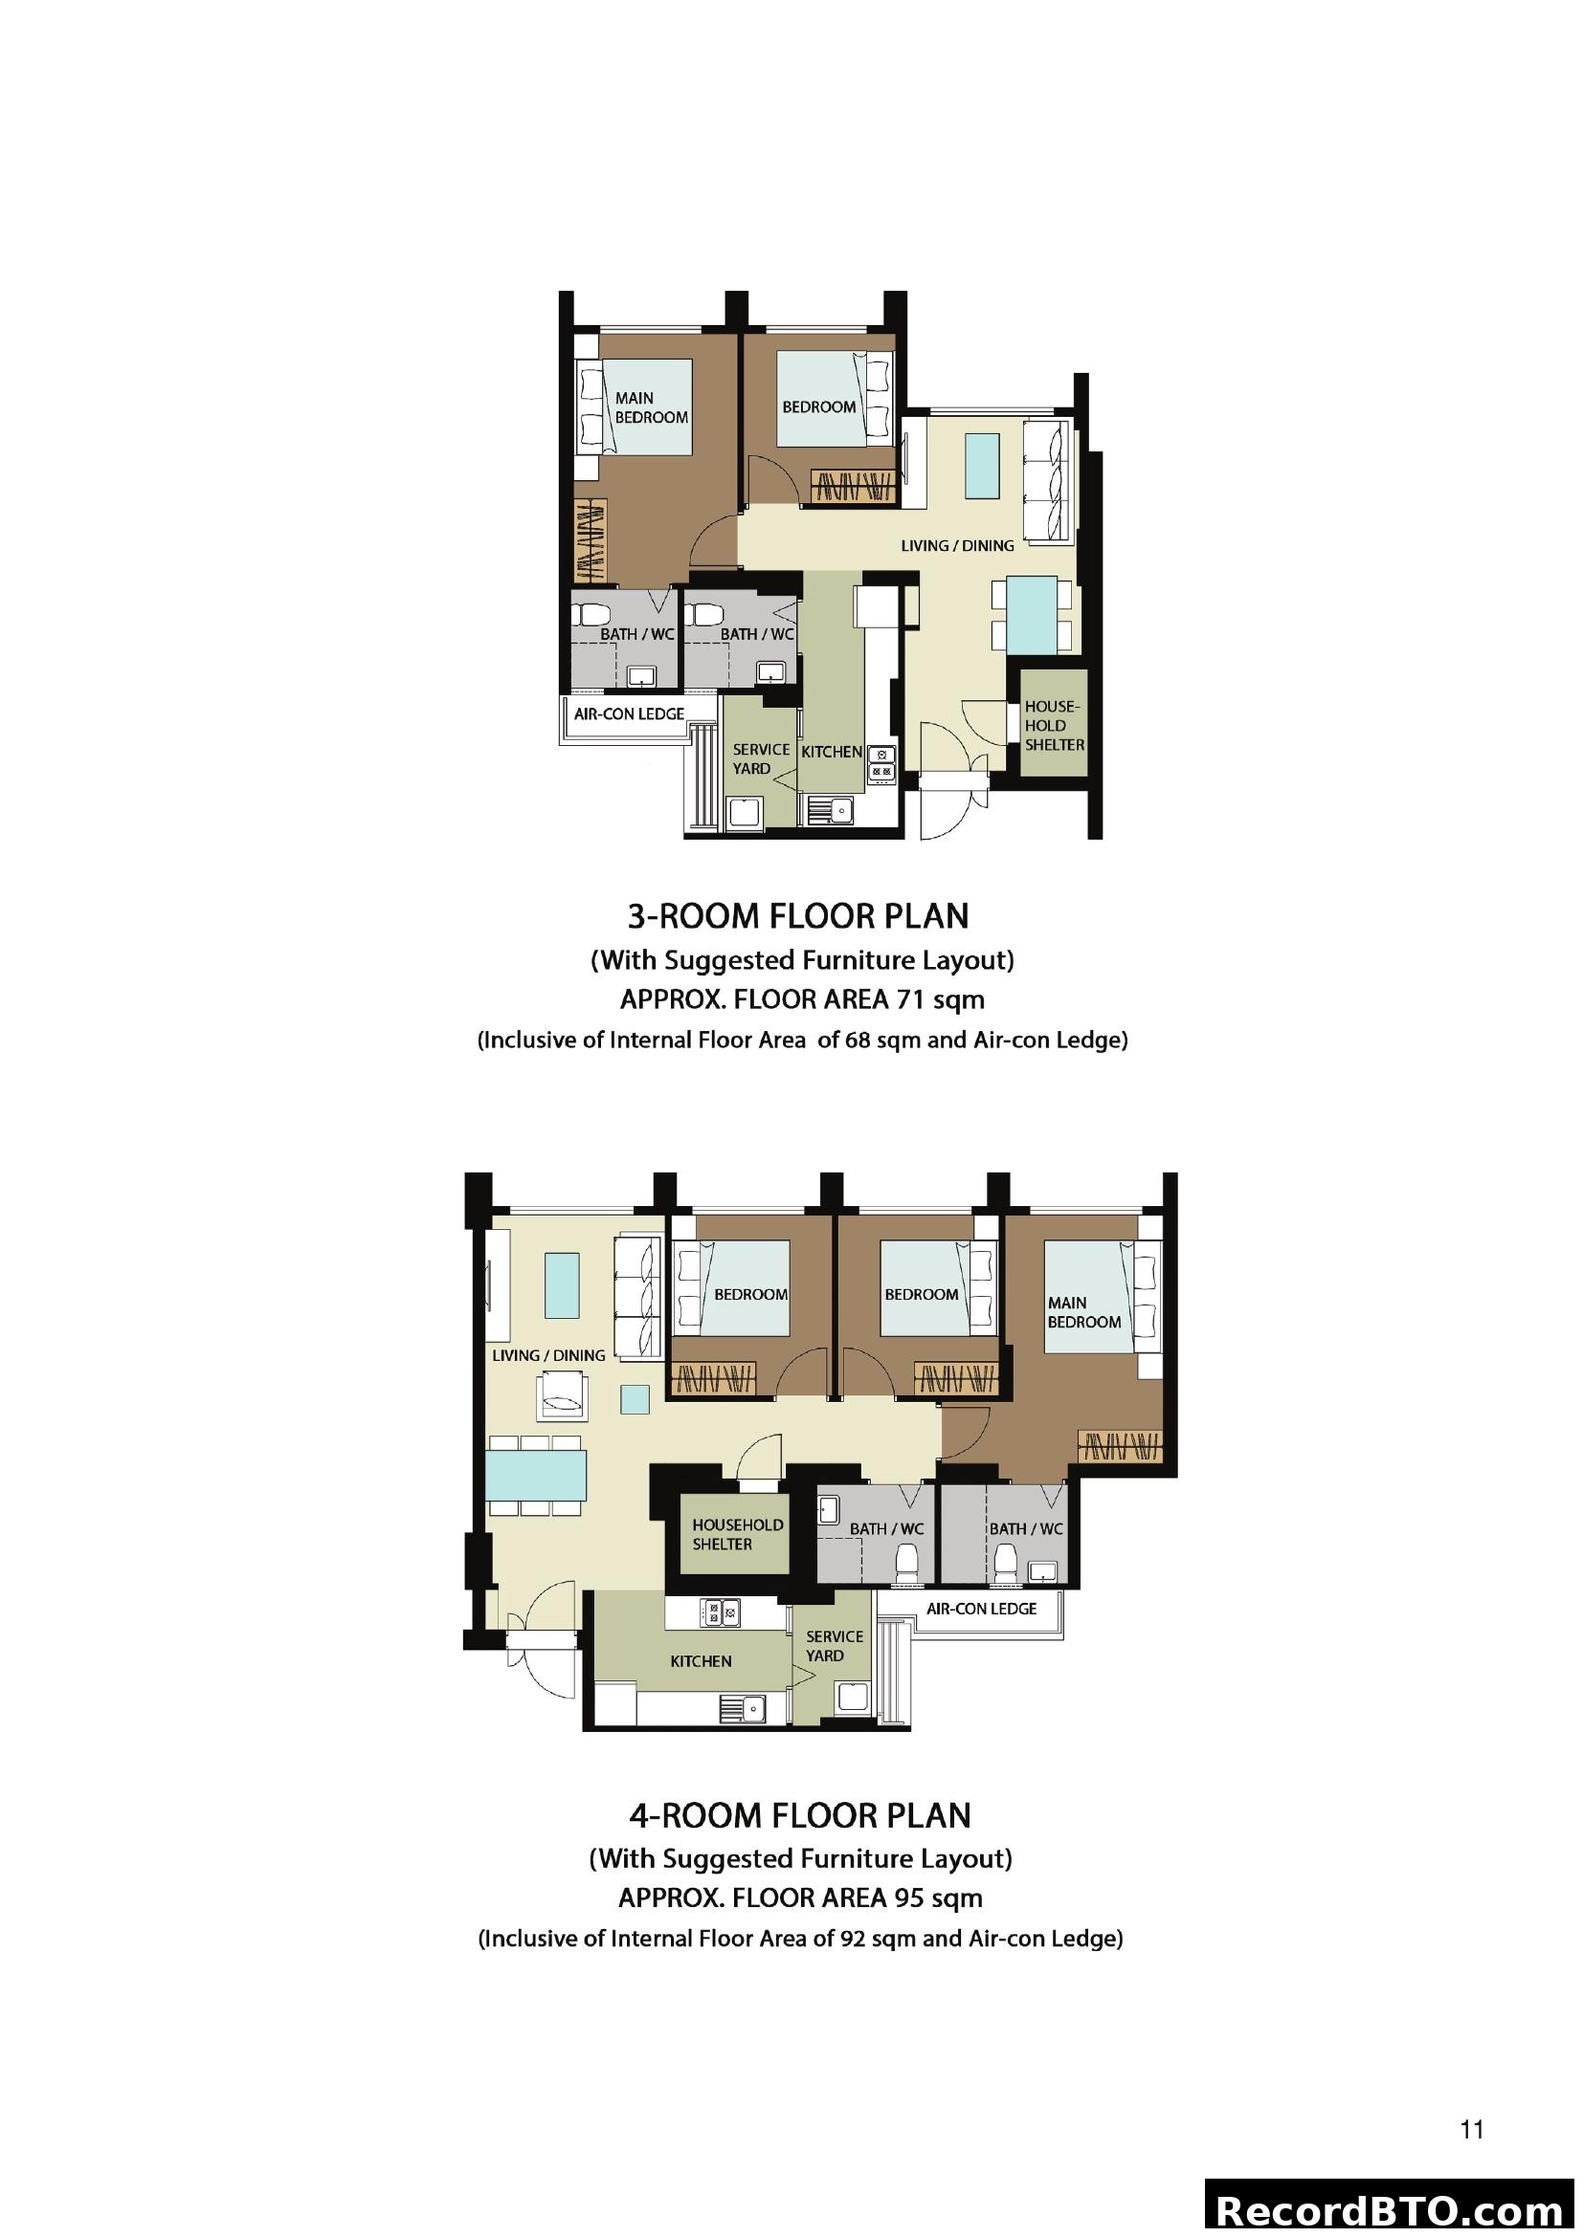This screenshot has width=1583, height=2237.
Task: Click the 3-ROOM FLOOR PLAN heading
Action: click(797, 917)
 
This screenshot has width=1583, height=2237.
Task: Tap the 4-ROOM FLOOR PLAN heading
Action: click(799, 1816)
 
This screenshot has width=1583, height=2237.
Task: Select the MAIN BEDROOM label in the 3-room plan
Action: click(650, 407)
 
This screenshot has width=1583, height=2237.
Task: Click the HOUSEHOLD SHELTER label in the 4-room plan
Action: click(737, 1534)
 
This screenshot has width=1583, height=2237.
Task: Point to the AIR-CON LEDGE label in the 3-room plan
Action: click(629, 714)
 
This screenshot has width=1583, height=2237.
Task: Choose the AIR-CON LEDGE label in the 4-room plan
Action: click(981, 1609)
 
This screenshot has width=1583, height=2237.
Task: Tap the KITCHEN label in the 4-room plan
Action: click(700, 1661)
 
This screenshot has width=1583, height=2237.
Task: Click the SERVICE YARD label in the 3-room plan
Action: click(760, 758)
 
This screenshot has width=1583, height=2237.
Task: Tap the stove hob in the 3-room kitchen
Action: click(881, 764)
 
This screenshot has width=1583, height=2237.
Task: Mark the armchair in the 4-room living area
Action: click(561, 1396)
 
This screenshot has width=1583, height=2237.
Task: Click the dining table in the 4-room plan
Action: click(536, 1475)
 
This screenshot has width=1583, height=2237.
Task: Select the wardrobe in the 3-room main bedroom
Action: click(589, 541)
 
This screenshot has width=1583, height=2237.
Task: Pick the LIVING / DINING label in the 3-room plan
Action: click(956, 545)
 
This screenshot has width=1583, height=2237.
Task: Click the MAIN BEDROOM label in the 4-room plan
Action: click(1084, 1312)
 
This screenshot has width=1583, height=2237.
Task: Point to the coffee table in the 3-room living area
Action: click(982, 466)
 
